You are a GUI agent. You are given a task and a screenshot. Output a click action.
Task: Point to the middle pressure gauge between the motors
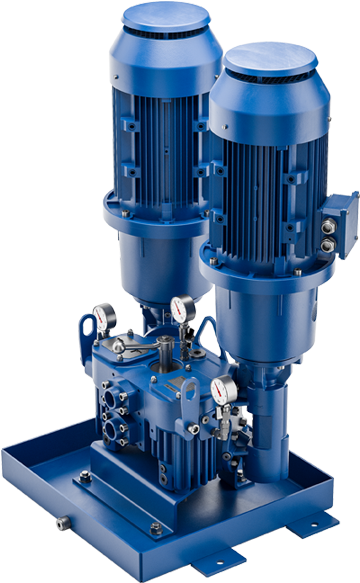click(181, 306)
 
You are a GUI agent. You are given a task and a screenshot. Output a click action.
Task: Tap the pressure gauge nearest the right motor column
click(225, 391)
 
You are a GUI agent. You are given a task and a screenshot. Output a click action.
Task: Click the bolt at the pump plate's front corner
click(155, 527)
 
